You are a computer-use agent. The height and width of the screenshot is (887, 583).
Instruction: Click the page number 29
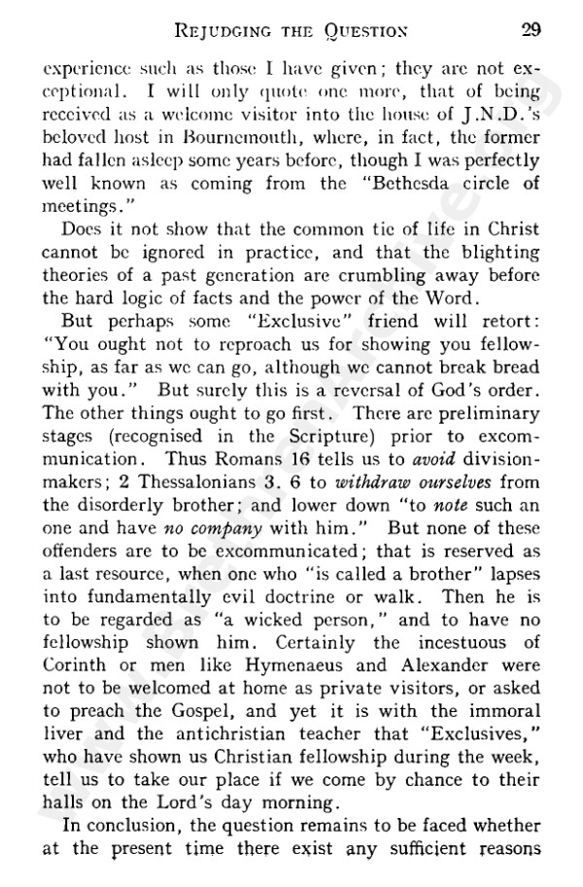click(531, 28)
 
